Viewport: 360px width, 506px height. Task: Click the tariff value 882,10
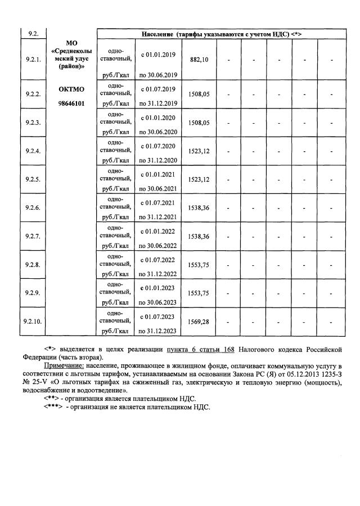pyautogui.click(x=199, y=60)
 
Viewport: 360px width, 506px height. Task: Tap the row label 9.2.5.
pyautogui.click(x=33, y=179)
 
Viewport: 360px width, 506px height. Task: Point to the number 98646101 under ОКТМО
pyautogui.click(x=71, y=103)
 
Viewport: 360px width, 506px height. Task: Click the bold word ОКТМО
pyautogui.click(x=71, y=89)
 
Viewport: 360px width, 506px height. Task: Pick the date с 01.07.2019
pyautogui.click(x=158, y=89)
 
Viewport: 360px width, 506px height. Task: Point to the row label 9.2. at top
pyautogui.click(x=33, y=34)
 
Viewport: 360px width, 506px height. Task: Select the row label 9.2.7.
pyautogui.click(x=33, y=236)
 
